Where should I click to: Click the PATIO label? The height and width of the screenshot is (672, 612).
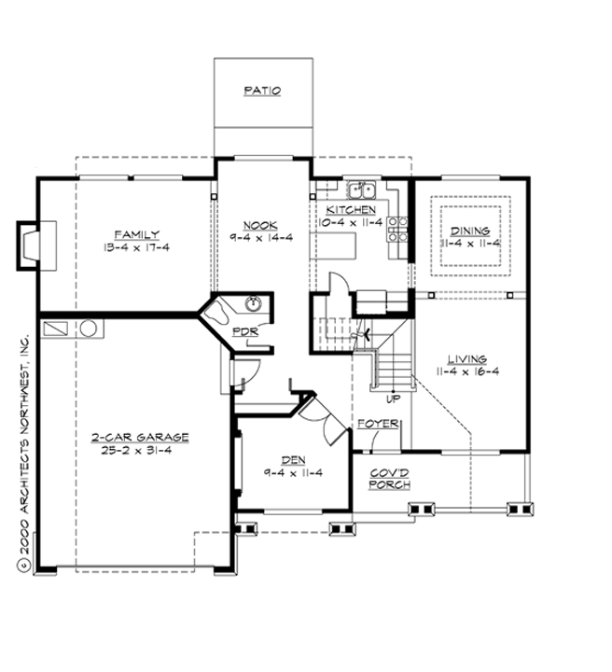tap(262, 91)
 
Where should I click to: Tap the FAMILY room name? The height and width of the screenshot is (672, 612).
tap(136, 234)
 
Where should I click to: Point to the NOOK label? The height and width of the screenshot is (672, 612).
tap(258, 225)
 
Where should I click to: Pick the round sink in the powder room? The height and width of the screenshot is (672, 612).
tap(252, 304)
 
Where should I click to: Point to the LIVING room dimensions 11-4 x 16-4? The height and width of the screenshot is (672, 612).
tap(467, 371)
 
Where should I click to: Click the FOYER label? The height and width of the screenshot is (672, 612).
tap(379, 425)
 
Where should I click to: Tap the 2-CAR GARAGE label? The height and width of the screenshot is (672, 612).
tap(140, 437)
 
